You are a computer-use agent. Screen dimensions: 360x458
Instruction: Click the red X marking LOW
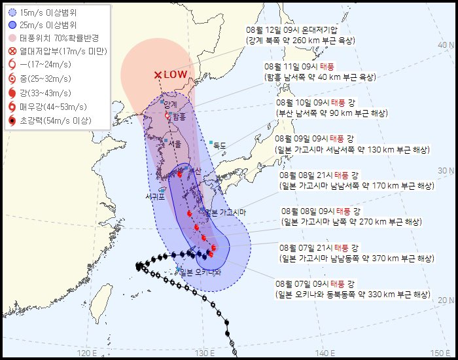(x=157, y=75)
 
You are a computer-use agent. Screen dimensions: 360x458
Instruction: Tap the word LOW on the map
(x=175, y=75)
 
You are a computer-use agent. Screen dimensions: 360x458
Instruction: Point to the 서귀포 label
(x=158, y=196)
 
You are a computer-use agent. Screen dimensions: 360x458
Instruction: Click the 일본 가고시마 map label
(x=225, y=212)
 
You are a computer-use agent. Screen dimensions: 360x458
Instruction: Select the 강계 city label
(x=171, y=105)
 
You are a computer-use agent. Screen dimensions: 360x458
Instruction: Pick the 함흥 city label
(x=179, y=116)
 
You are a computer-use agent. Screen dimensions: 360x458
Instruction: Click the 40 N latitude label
(x=446, y=45)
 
